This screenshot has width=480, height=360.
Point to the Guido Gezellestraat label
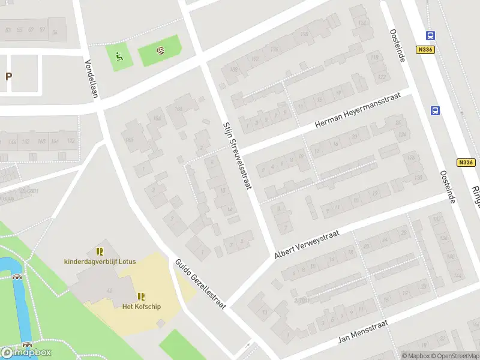coord(199,284)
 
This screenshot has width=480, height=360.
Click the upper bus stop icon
coord(430,35)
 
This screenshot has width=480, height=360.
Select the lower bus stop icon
coord(434,110)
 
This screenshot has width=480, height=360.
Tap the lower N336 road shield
coord(465,162)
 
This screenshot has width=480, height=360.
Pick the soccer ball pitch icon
coord(160,51)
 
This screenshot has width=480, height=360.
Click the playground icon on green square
coord(119,58)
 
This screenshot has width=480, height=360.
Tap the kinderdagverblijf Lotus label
coord(100,261)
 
